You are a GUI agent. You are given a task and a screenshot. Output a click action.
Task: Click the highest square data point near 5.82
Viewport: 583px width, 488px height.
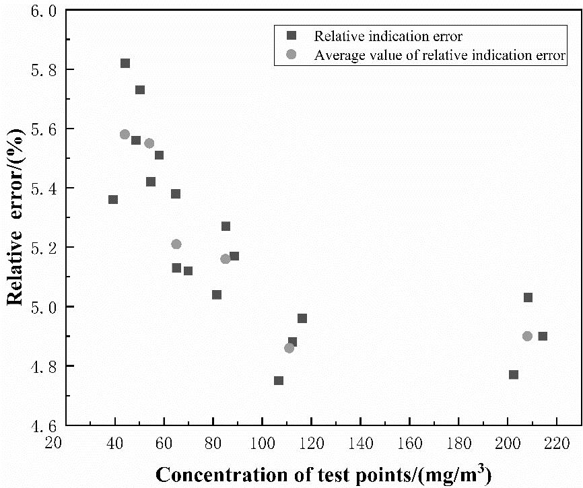point(125,63)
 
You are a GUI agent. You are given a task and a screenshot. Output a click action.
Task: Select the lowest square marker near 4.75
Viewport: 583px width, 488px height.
point(279,381)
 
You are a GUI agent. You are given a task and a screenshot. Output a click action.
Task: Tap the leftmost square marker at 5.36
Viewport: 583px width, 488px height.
point(113,200)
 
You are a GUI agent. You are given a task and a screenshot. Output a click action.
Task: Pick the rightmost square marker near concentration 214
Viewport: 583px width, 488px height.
point(543,337)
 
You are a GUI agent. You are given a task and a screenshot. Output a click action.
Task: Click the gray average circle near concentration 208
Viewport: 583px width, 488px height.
point(527,337)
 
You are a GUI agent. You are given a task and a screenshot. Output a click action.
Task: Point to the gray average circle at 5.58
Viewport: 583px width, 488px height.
point(125,135)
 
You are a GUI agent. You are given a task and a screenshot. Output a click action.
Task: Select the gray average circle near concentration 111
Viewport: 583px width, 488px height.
point(289,348)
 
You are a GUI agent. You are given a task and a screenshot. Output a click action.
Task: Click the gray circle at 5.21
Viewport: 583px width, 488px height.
point(176,244)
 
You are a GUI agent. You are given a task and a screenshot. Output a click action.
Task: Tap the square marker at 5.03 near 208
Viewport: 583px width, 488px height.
point(528,298)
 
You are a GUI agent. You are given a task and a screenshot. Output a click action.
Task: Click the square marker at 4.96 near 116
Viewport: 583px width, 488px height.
point(302,318)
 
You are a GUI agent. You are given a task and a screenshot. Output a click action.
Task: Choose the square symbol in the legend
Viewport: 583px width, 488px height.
point(290,36)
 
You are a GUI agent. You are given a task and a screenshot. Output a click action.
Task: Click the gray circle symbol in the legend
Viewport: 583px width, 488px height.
point(290,55)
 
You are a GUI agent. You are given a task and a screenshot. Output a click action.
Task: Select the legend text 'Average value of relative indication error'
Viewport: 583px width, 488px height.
point(440,55)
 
